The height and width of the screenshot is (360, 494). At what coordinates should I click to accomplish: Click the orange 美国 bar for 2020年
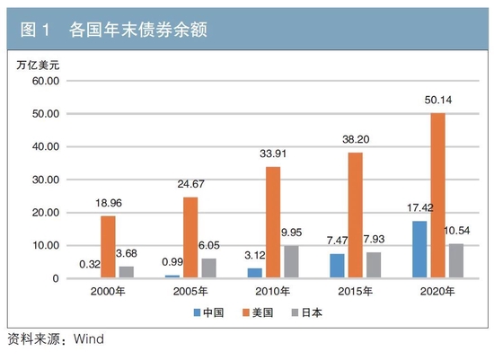437,196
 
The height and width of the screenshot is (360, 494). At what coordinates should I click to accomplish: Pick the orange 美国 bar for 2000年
107,247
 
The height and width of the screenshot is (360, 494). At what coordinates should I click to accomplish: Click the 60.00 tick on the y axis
43,81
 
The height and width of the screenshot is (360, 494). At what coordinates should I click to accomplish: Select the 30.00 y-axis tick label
43,180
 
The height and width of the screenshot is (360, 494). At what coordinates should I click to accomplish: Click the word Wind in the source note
89,339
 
